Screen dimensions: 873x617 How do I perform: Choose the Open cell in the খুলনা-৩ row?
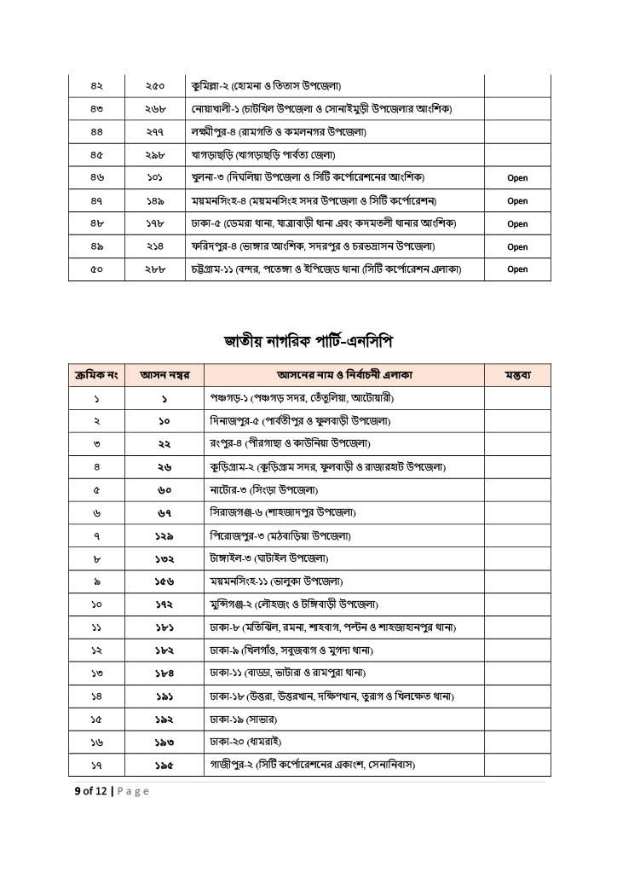point(517,178)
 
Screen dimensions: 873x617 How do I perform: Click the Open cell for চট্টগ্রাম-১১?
point(517,269)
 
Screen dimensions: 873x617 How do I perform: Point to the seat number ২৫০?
point(154,86)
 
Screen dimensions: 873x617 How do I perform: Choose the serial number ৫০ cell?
point(96,269)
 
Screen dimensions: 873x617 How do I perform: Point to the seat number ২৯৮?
point(154,155)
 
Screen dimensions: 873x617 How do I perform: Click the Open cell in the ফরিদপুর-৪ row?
point(517,247)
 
